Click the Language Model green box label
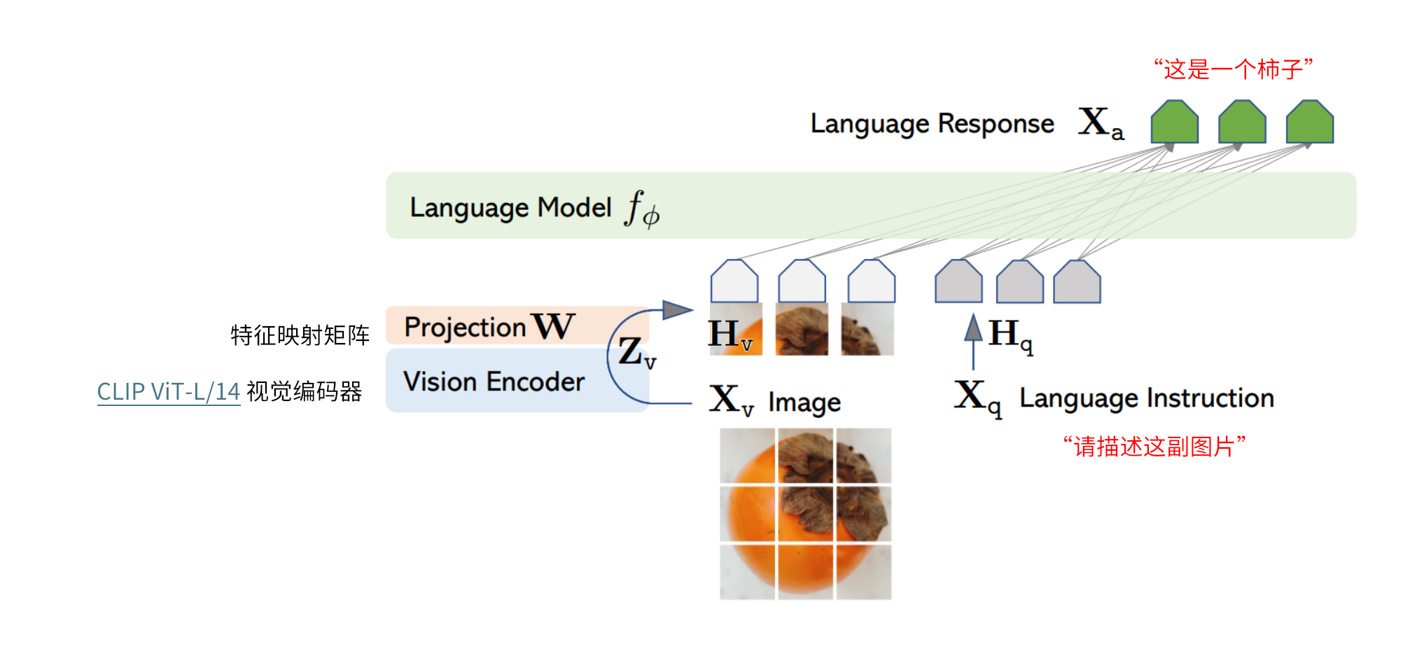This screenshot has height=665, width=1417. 510,208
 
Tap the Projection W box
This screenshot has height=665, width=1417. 490,326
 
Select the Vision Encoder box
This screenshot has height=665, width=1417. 494,381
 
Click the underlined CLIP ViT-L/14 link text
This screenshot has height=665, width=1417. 168,391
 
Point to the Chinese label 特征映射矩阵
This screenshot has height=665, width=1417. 300,335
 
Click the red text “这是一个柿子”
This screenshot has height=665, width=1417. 1233,69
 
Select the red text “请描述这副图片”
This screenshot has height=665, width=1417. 1154,446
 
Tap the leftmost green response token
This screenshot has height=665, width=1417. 1175,122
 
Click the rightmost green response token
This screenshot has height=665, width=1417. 1310,122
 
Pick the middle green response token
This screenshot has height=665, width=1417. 1242,122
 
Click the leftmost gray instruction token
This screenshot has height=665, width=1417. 958,282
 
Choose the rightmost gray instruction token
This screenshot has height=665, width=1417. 1077,282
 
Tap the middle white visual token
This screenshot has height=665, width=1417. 802,282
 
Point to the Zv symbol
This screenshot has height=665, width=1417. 636,352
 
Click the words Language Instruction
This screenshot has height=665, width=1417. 1146,398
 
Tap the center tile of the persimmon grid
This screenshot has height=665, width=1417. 806,514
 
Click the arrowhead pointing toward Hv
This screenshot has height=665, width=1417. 677,309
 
